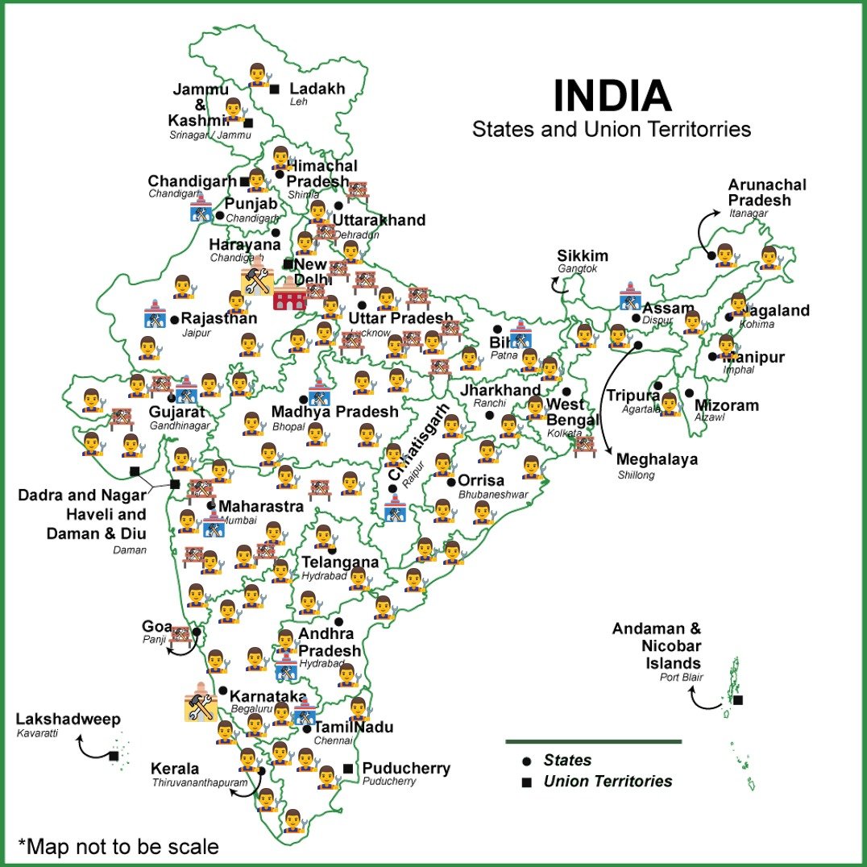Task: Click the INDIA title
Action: click(612, 96)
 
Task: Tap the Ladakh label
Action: click(317, 89)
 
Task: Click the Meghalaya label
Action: click(657, 460)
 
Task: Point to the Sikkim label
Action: click(583, 256)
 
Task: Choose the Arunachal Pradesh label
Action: click(766, 193)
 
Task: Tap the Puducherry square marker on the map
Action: click(347, 768)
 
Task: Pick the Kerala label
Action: click(174, 769)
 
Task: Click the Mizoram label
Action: click(726, 405)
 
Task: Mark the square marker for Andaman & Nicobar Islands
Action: click(737, 699)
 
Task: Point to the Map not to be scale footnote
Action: click(118, 847)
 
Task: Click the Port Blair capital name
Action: click(681, 678)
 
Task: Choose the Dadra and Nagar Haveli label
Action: click(82, 504)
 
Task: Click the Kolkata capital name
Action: click(564, 433)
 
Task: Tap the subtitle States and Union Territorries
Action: click(612, 129)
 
